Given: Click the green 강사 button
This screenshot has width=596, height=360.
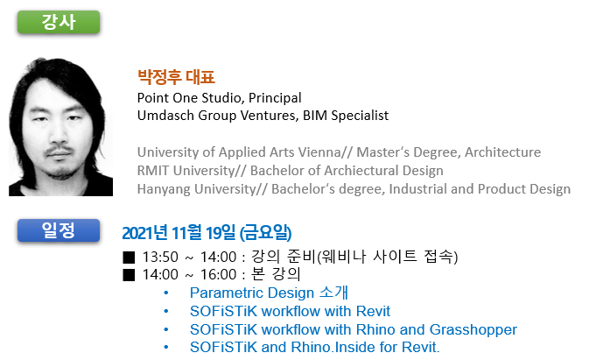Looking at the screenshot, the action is tap(59, 22).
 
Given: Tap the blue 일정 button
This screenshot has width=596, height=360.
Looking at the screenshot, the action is tap(59, 230).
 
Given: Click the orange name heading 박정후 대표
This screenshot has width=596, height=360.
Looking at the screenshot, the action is tap(176, 77).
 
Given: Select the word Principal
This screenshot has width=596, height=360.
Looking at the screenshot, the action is tap(275, 98).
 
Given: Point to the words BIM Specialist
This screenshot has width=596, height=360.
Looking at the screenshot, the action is tap(346, 116).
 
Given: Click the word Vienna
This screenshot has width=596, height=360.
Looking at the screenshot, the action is tap(319, 152).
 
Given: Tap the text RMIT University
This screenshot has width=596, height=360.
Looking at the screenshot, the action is tap(186, 171).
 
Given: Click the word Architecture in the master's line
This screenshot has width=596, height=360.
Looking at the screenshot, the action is tap(502, 152).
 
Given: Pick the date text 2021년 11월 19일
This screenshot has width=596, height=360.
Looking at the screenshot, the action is tap(179, 233).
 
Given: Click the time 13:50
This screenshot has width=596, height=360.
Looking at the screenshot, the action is tap(160, 258).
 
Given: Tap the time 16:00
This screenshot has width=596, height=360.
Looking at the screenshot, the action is tap(219, 275).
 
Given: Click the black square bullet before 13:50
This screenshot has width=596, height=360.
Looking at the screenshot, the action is tap(129, 258).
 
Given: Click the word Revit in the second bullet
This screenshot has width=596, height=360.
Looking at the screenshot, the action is tap(373, 311).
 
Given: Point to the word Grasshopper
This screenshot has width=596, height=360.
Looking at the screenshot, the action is tap(473, 330).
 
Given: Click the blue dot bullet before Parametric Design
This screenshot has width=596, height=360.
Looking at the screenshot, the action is tap(166, 293).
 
